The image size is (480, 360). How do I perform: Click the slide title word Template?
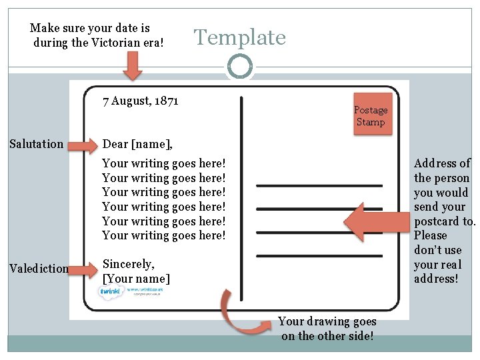tap(239, 37)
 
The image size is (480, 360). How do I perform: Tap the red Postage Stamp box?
tap(370, 116)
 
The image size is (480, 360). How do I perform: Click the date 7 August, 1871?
tap(140, 101)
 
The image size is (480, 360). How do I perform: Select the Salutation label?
tap(37, 144)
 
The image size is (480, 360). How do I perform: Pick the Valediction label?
tap(39, 269)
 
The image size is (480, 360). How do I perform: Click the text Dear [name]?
tap(137, 145)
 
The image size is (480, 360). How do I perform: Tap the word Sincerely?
tap(128, 264)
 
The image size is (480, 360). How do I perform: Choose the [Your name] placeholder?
tap(136, 279)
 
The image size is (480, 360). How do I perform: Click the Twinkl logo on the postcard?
tap(110, 293)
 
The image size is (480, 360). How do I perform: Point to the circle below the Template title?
tap(239, 66)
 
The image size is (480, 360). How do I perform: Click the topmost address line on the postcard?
tap(319, 185)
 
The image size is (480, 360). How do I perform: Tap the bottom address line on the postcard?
tap(319, 255)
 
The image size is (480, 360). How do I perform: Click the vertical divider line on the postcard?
tap(241, 200)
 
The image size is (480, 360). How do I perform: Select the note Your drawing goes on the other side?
tap(327, 329)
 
